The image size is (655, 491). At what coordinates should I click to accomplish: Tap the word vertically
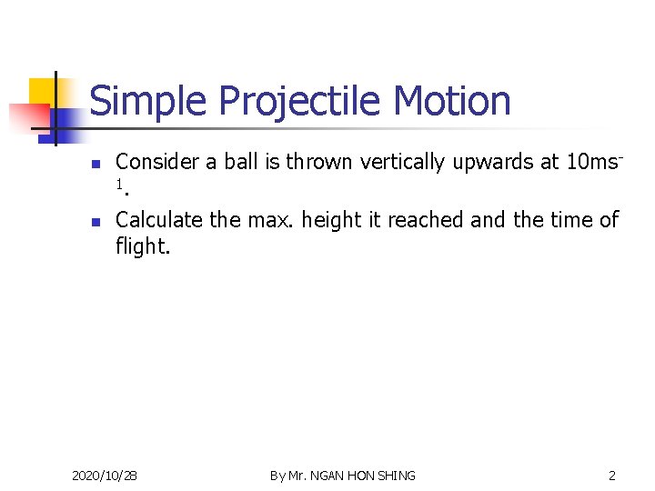403,163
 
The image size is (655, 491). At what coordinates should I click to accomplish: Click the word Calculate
158,220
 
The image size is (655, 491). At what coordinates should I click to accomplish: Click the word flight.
142,245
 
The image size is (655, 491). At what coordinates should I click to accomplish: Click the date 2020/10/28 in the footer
105,476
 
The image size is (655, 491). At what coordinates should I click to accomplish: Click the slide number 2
612,476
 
